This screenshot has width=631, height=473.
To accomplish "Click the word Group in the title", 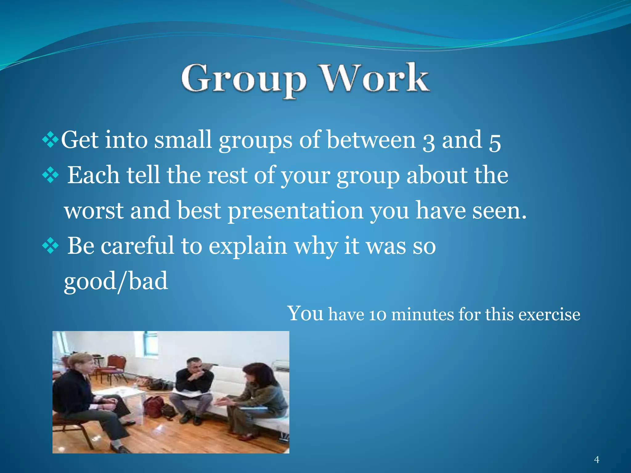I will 243,79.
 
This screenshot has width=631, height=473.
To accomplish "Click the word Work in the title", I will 374,78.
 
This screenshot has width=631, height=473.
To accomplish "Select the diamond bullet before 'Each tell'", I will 50,176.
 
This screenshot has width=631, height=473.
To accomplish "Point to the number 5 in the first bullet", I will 495,142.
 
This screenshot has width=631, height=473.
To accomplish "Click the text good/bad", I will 116,281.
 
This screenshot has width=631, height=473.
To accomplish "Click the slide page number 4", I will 596,460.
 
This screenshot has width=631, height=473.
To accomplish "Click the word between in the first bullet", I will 371,140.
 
